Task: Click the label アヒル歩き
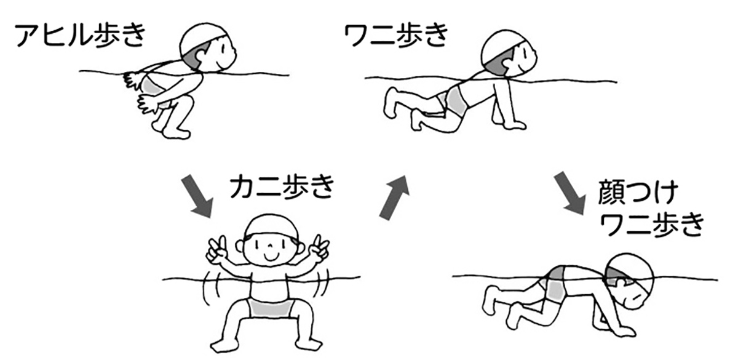click(x=80, y=36)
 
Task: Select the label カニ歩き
click(x=282, y=187)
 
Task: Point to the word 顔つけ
click(x=638, y=193)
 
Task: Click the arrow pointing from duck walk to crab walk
click(x=197, y=197)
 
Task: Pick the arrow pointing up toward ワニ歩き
click(x=394, y=197)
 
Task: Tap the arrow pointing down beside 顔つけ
click(x=570, y=193)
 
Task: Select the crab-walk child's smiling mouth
click(x=271, y=257)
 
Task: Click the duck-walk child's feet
click(x=172, y=130)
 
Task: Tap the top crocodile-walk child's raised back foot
click(x=392, y=102)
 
